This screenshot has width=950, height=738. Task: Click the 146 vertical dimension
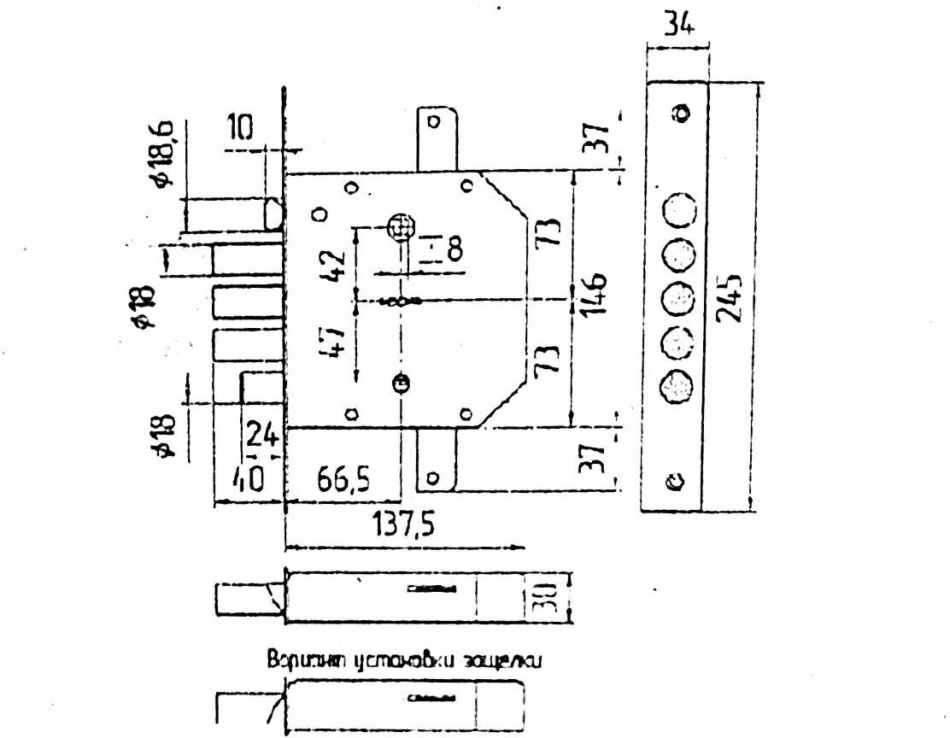coord(595,295)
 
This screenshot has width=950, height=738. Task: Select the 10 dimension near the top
coord(241,128)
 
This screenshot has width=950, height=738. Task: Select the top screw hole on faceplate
coord(681,113)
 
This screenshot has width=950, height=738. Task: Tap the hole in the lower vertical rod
coord(434,478)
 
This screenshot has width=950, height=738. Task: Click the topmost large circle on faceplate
coord(678,210)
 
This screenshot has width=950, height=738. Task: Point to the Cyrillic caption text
coord(405,660)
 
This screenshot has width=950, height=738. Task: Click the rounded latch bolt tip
coord(275,214)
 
